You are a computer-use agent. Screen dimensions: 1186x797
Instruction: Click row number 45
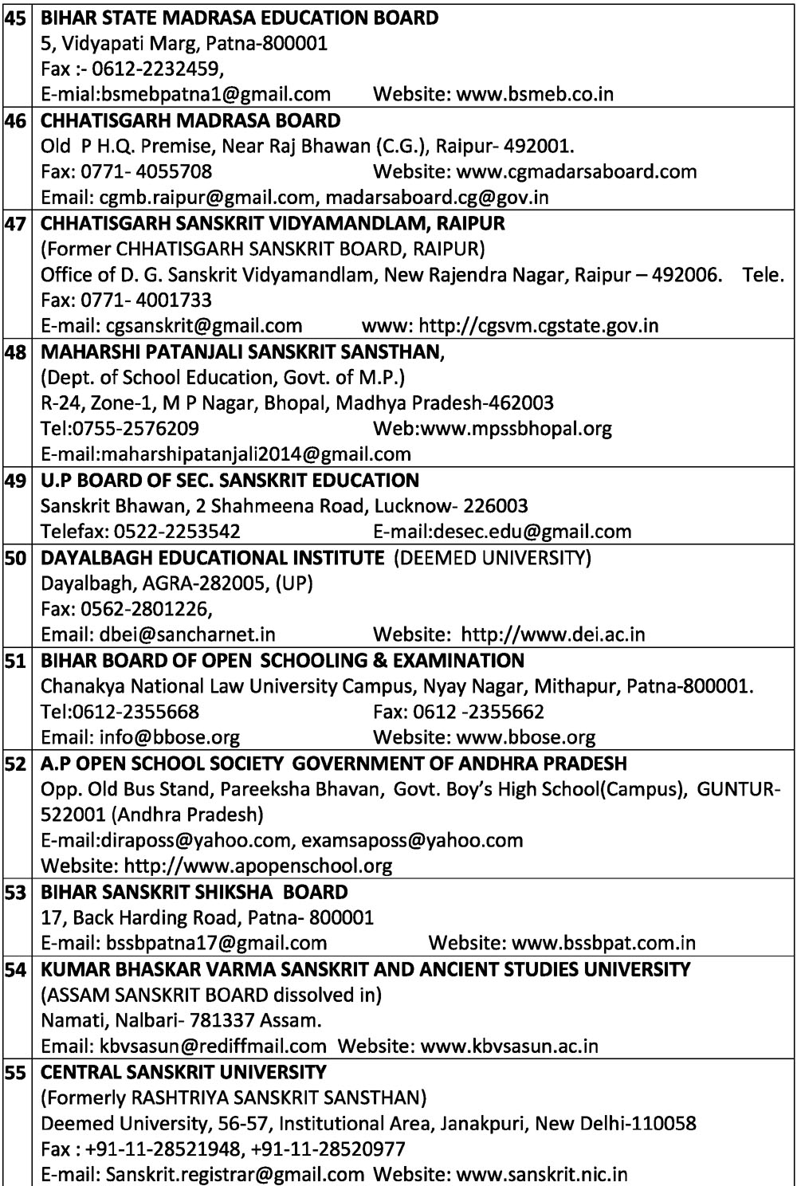14,18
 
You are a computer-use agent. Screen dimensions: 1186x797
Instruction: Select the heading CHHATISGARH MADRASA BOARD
190,120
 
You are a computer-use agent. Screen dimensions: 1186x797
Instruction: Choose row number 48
14,351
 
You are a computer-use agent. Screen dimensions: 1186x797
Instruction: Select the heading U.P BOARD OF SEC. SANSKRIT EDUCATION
230,481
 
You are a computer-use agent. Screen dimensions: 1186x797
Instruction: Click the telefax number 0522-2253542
178,531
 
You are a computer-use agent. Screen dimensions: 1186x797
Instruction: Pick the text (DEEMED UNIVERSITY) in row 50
493,558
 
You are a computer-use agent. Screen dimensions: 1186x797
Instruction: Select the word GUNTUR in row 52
734,789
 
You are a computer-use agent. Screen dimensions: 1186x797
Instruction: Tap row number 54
14,970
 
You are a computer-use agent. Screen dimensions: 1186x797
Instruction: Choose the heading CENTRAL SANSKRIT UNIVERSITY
183,1072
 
